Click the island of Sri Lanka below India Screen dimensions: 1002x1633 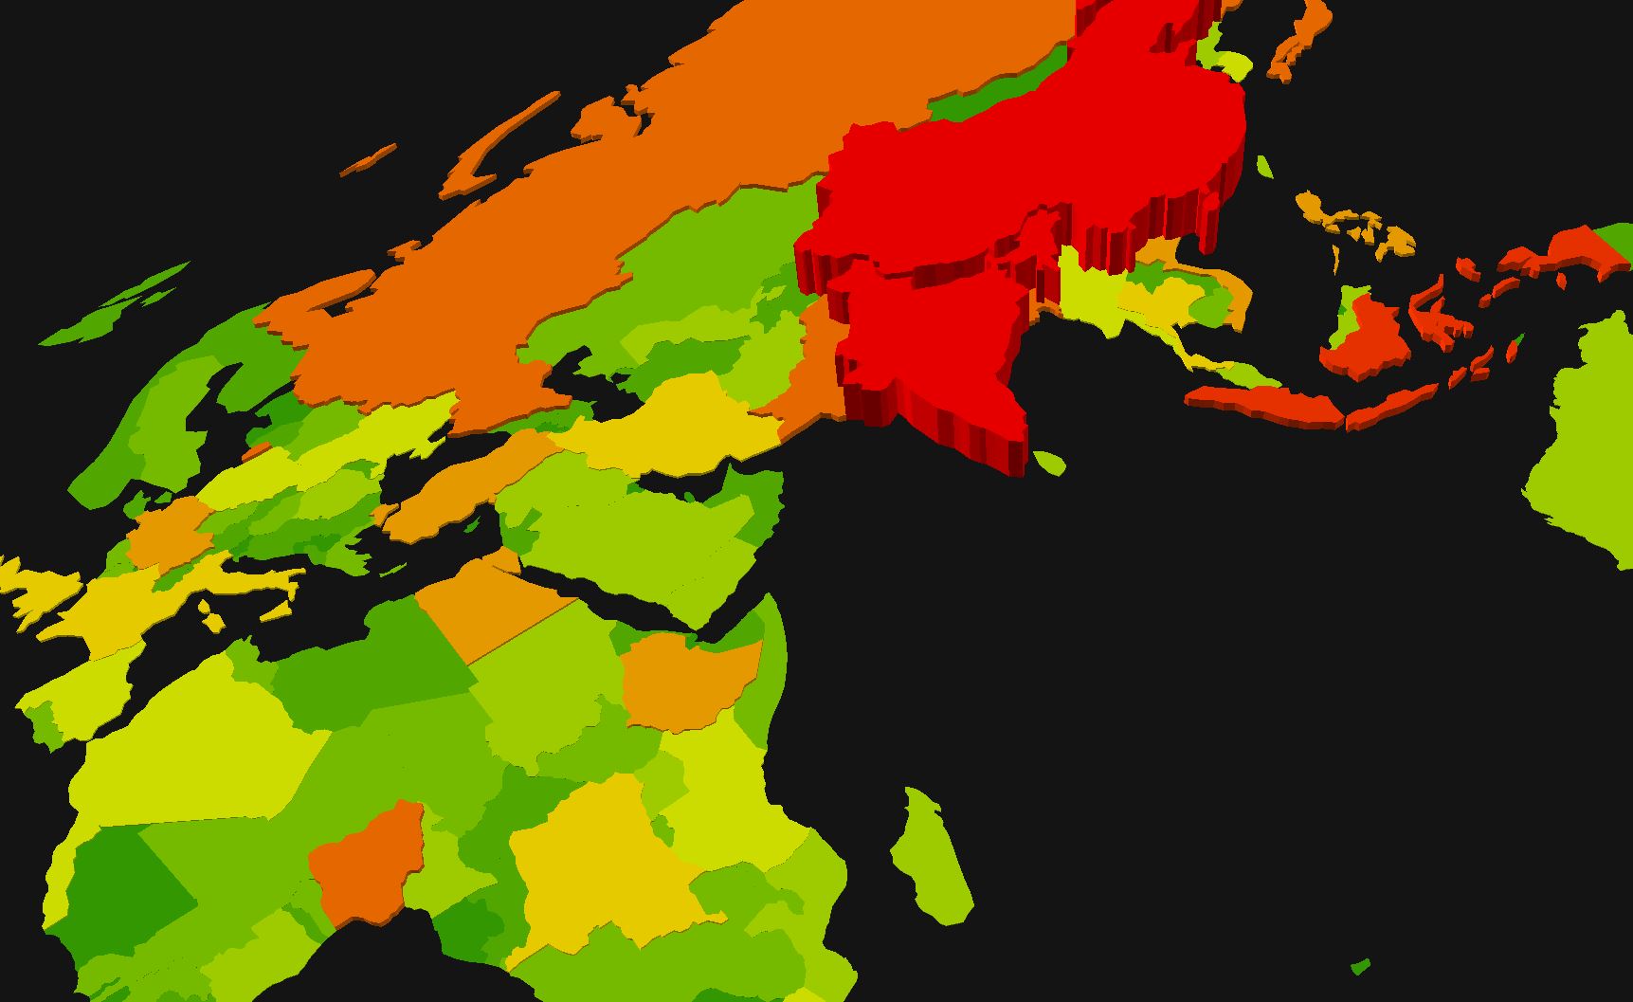[1049, 464]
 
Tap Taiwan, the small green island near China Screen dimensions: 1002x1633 [1263, 168]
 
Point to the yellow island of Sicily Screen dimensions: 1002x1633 [212, 618]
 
